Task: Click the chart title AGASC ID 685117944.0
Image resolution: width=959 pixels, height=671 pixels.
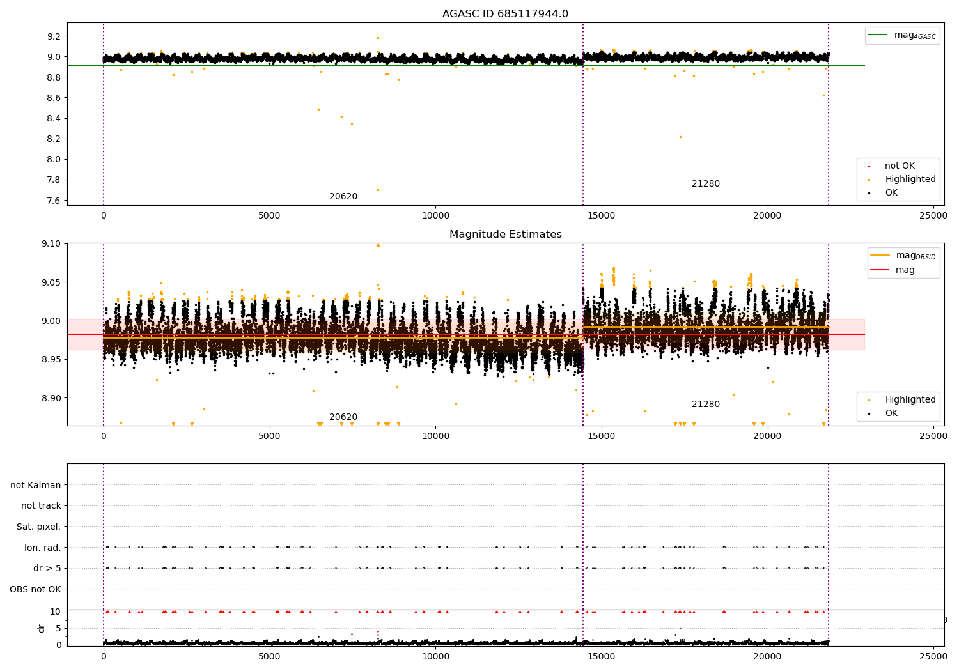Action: [x=505, y=14]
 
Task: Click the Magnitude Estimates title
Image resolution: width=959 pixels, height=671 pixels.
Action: [x=505, y=235]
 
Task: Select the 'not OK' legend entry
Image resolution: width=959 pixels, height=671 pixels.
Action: [x=899, y=166]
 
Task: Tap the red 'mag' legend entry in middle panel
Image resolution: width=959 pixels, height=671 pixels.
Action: [x=905, y=270]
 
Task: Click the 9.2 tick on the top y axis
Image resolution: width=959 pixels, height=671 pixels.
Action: [x=53, y=36]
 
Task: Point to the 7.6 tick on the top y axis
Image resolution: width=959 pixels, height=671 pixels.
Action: [x=53, y=201]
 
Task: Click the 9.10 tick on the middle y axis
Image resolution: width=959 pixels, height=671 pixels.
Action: [x=51, y=244]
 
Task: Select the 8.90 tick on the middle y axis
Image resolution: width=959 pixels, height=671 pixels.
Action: [x=51, y=398]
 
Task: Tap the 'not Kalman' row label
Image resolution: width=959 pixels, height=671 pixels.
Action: [x=36, y=485]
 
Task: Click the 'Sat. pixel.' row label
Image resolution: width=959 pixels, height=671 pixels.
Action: [x=39, y=527]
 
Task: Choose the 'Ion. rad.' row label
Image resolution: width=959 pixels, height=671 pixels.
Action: [x=43, y=548]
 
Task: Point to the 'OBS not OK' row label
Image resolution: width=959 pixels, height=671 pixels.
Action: [x=36, y=589]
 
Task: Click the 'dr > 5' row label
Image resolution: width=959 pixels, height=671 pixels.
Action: [x=47, y=568]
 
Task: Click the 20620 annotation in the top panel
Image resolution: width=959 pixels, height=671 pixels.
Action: [x=343, y=197]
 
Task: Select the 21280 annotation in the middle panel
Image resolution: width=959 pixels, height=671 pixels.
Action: [x=705, y=405]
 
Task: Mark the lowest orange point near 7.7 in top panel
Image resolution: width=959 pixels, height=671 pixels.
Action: [x=378, y=190]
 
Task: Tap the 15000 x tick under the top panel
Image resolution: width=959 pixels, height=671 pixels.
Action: [x=601, y=216]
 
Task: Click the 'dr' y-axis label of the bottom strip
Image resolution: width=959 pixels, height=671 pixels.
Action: [x=42, y=628]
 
